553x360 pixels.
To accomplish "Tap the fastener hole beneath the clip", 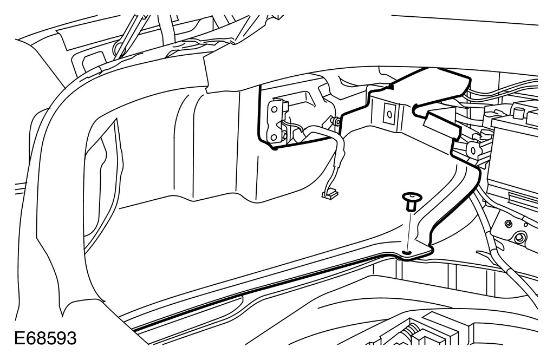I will [408, 252].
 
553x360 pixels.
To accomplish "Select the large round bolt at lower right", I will [521, 237].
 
